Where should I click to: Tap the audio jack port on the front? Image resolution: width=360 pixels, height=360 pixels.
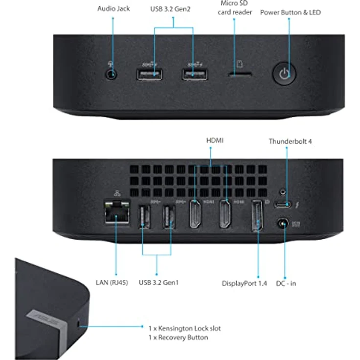(x=112, y=74)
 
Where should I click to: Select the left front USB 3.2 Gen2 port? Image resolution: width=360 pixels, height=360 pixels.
(x=150, y=74)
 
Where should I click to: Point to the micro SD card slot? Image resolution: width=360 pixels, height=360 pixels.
(x=240, y=75)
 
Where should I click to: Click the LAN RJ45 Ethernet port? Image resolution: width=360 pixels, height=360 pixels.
(x=116, y=212)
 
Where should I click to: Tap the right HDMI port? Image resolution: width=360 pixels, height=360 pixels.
(x=226, y=216)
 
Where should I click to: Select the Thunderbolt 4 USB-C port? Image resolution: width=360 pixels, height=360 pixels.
(x=282, y=204)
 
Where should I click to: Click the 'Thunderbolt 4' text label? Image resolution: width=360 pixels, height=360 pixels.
(x=290, y=141)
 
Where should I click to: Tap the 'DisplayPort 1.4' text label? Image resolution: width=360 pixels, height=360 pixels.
(x=245, y=283)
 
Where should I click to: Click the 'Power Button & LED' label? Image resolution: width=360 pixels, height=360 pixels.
(x=290, y=12)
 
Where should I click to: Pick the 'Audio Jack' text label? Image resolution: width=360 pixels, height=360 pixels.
(x=113, y=9)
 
